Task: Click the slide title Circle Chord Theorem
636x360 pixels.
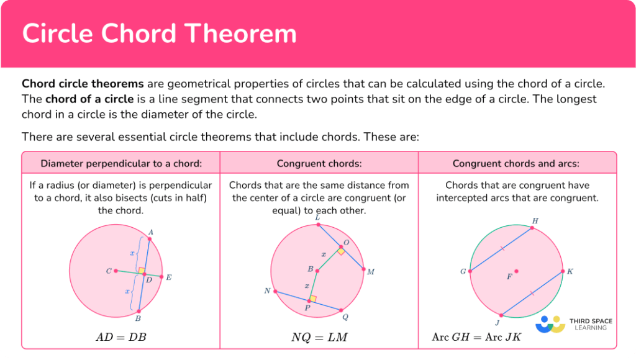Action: tap(160, 34)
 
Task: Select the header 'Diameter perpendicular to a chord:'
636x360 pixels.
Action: tap(121, 164)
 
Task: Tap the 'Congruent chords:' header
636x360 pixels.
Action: tap(319, 164)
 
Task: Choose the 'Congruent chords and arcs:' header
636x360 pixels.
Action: tap(516, 164)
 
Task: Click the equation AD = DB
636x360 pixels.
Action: tap(121, 337)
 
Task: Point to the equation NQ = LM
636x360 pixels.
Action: tap(319, 337)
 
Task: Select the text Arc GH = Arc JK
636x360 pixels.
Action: tap(477, 337)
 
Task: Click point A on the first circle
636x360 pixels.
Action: tap(149, 238)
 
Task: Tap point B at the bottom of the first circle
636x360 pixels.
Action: tap(139, 311)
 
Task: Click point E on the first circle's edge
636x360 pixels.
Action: tap(161, 277)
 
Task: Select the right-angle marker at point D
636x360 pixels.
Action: tap(142, 271)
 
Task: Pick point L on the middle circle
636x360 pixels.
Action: tap(319, 225)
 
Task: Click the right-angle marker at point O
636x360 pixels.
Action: tap(341, 250)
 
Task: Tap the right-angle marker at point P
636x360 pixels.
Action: tap(312, 299)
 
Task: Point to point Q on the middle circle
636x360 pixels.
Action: tap(341, 309)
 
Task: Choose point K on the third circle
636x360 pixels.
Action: tap(563, 271)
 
